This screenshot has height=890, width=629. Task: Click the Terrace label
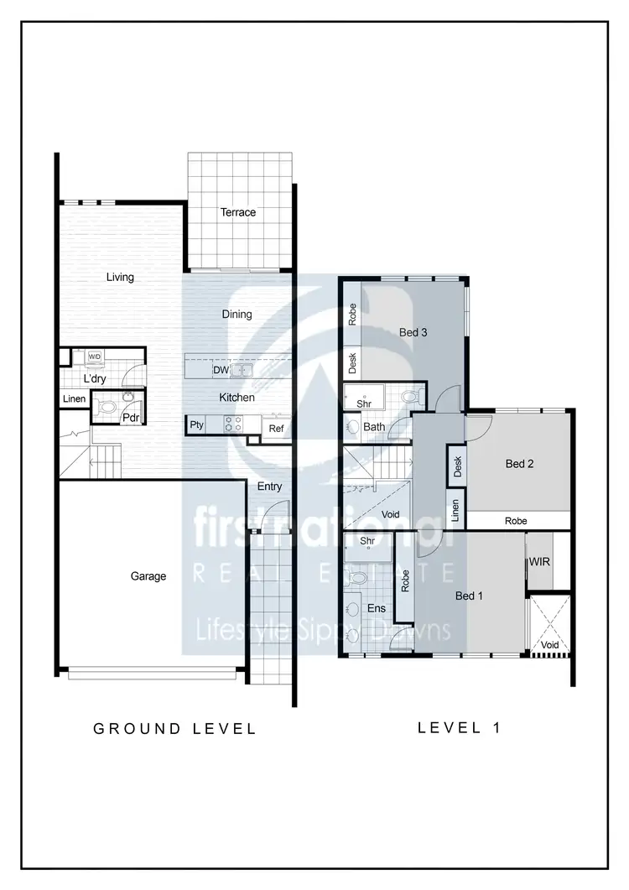click(238, 212)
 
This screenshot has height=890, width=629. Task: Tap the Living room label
click(120, 277)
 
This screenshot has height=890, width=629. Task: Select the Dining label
click(237, 315)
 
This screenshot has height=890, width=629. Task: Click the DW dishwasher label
click(221, 370)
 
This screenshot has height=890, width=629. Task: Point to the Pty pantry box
click(196, 425)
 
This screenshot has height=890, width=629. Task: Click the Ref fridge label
click(276, 429)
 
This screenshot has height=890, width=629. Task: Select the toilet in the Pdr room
click(107, 409)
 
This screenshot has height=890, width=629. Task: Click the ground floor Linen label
click(74, 398)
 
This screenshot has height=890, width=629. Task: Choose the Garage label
click(148, 576)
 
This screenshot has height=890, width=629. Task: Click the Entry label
click(270, 487)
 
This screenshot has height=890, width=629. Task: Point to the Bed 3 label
click(413, 333)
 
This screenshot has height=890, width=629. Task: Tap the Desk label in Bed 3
click(352, 363)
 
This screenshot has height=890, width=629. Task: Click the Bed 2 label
click(520, 464)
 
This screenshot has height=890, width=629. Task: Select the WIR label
click(540, 561)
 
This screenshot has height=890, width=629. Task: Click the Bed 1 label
click(469, 596)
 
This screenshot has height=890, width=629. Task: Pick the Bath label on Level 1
click(374, 427)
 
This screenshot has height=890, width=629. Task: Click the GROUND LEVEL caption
click(174, 729)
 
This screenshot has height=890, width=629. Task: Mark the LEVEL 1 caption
click(460, 727)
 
